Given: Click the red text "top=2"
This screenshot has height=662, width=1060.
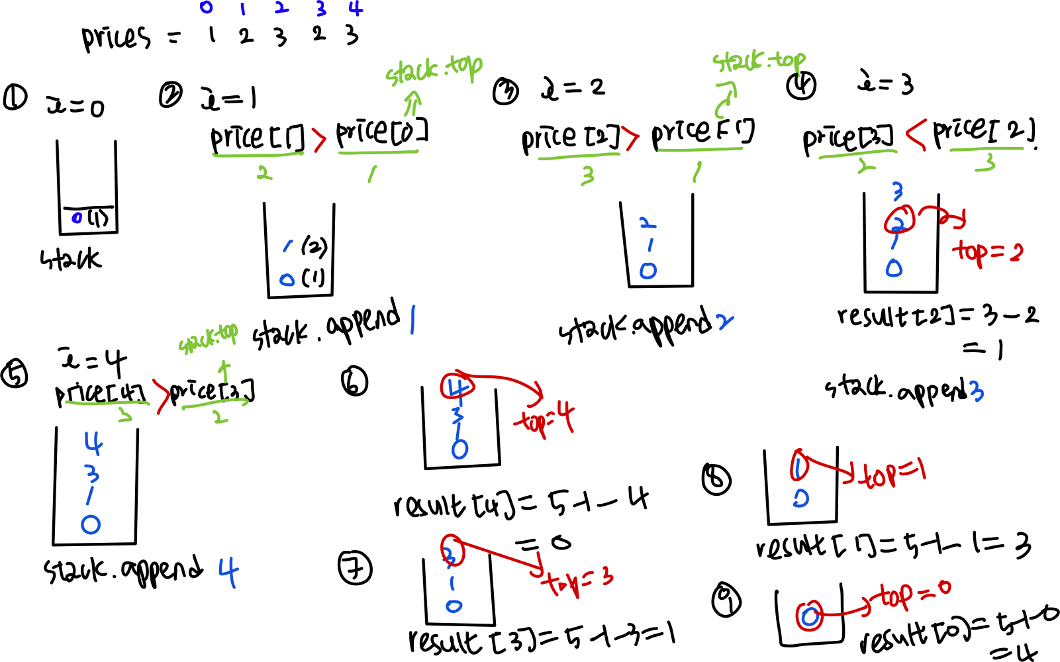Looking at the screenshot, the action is (987, 252).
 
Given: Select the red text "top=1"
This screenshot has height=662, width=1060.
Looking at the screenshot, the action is (894, 474).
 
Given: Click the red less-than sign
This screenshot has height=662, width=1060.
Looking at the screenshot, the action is (916, 134).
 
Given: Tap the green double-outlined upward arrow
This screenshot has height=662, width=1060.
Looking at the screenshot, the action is (412, 104).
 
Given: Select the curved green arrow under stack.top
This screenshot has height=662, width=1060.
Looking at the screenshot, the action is (725, 100).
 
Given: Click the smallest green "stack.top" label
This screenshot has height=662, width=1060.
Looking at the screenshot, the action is (208, 338).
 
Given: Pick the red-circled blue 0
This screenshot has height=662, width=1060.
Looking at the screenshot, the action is (809, 616).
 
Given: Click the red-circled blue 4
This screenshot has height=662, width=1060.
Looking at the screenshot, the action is (457, 387).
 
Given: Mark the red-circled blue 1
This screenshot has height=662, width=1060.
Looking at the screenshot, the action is (799, 466).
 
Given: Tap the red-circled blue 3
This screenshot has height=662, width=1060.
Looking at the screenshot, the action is (452, 551).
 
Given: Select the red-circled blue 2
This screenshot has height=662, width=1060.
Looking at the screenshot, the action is (899, 220).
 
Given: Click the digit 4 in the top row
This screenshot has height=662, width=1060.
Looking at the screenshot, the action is (356, 9).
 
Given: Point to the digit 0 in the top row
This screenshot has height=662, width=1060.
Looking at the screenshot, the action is (206, 8).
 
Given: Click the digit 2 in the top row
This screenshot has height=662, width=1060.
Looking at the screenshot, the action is (281, 8).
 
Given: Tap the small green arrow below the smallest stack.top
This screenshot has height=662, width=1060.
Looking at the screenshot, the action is (224, 371).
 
